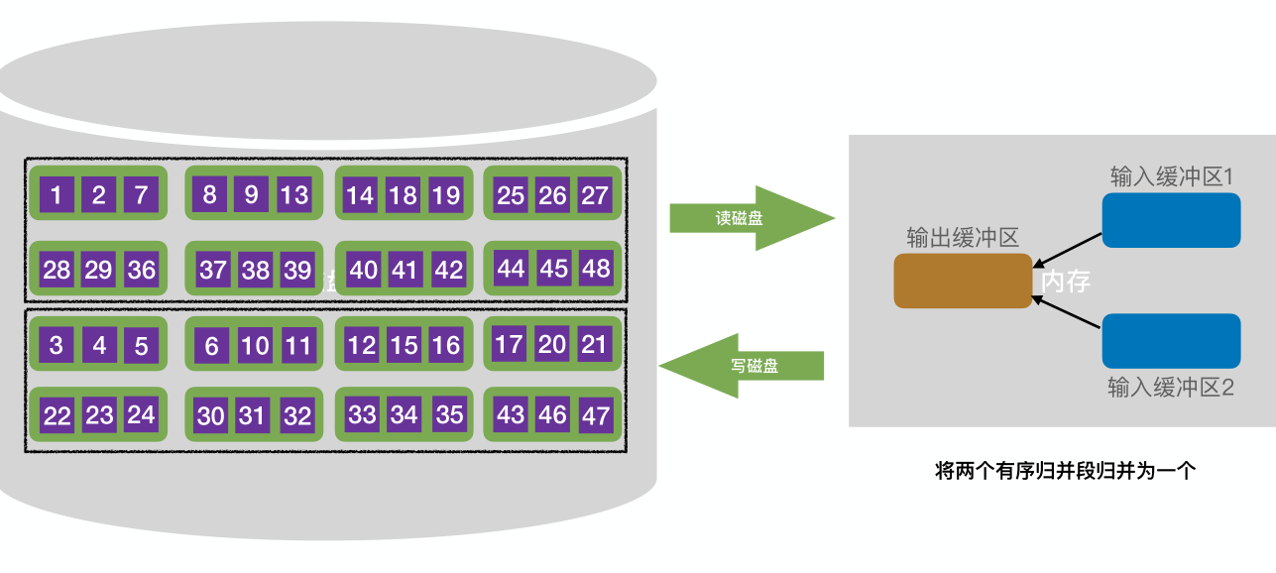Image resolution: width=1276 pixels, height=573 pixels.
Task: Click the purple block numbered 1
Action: pyautogui.click(x=57, y=195)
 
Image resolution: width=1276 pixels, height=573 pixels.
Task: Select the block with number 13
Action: pyautogui.click(x=294, y=194)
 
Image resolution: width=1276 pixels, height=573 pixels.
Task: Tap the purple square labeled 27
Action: pyautogui.click(x=595, y=195)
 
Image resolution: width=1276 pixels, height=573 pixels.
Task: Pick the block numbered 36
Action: pyautogui.click(x=141, y=270)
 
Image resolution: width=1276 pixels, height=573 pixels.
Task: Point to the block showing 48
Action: pyautogui.click(x=596, y=269)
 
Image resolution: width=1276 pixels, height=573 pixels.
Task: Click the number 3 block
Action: pyautogui.click(x=57, y=345)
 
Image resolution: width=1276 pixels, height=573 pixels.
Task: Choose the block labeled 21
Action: pyautogui.click(x=595, y=344)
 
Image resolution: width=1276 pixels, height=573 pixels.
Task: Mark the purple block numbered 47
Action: pyautogui.click(x=596, y=415)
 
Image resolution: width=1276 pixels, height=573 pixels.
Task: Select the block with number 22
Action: pyautogui.click(x=57, y=415)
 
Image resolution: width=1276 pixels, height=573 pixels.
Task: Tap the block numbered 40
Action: pyautogui.click(x=363, y=270)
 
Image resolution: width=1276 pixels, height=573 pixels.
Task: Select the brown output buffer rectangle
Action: pyautogui.click(x=963, y=281)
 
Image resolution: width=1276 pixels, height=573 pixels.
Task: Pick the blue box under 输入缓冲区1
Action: pyautogui.click(x=1171, y=220)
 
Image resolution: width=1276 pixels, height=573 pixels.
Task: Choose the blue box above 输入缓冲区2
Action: pyautogui.click(x=1171, y=341)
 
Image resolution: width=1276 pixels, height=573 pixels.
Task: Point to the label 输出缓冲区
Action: pyautogui.click(x=963, y=238)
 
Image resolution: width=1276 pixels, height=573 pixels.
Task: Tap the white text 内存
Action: pyautogui.click(x=1066, y=282)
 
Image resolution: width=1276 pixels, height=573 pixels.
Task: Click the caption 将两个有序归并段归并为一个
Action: pyautogui.click(x=1066, y=471)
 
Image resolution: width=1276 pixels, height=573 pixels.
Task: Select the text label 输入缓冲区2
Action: pyautogui.click(x=1171, y=388)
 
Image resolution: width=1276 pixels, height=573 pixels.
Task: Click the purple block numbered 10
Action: pyautogui.click(x=255, y=345)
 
